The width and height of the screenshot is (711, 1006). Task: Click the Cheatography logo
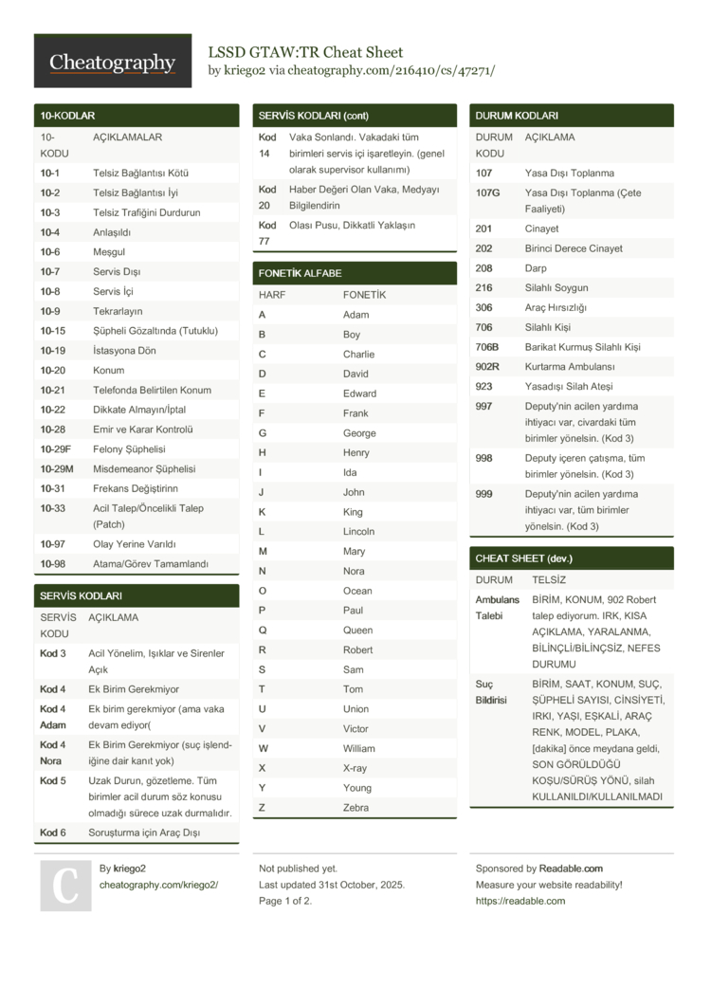pos(112,63)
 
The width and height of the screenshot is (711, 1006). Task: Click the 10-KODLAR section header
pos(67,116)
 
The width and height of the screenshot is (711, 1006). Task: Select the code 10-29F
pos(56,449)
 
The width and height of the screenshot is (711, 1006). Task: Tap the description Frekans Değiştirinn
pos(135,488)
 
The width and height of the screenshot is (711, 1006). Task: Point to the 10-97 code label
pos(52,544)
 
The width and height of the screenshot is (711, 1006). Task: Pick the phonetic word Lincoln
pos(358,531)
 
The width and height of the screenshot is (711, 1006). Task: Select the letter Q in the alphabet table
pos(263,630)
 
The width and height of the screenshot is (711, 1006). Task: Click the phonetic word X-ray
pos(355,768)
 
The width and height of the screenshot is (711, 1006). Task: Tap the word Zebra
pos(356,808)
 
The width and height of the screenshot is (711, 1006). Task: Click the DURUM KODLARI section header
pos(517,116)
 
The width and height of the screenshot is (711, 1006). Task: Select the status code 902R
pos(487,366)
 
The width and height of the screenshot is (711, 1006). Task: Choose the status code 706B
pos(487,347)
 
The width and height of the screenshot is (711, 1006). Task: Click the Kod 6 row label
pos(53,832)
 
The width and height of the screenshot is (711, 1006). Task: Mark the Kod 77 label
pos(267,232)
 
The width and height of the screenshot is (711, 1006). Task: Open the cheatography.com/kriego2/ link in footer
pos(158,885)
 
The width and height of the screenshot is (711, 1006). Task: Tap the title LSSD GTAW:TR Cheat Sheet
pos(305,52)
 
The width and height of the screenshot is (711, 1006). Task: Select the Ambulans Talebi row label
pos(497,607)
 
